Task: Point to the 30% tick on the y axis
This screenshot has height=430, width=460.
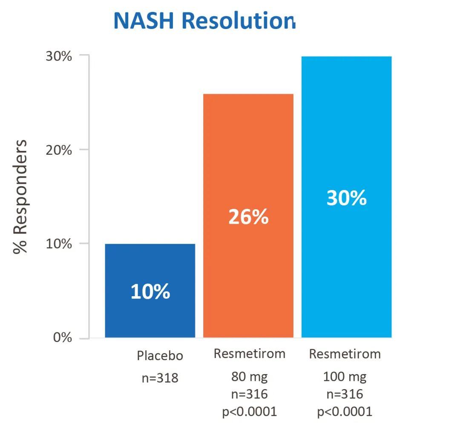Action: [59, 56]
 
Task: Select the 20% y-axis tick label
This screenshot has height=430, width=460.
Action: [59, 150]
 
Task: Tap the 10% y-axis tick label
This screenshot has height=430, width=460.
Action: [59, 244]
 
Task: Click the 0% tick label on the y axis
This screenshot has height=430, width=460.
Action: [63, 338]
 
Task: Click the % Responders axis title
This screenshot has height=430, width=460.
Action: [20, 197]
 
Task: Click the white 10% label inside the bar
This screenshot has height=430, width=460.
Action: [150, 292]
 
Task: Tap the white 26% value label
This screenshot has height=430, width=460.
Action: [248, 217]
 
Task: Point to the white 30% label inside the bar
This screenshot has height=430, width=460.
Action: [346, 198]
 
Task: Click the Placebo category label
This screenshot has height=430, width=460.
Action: [160, 355]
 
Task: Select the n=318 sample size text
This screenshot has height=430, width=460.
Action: [160, 378]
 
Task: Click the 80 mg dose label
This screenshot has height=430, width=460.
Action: [250, 377]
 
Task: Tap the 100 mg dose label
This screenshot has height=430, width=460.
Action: [345, 377]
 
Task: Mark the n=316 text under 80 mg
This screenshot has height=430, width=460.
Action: [250, 394]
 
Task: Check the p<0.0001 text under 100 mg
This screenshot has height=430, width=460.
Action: [345, 412]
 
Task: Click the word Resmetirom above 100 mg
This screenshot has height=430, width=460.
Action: [345, 354]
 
